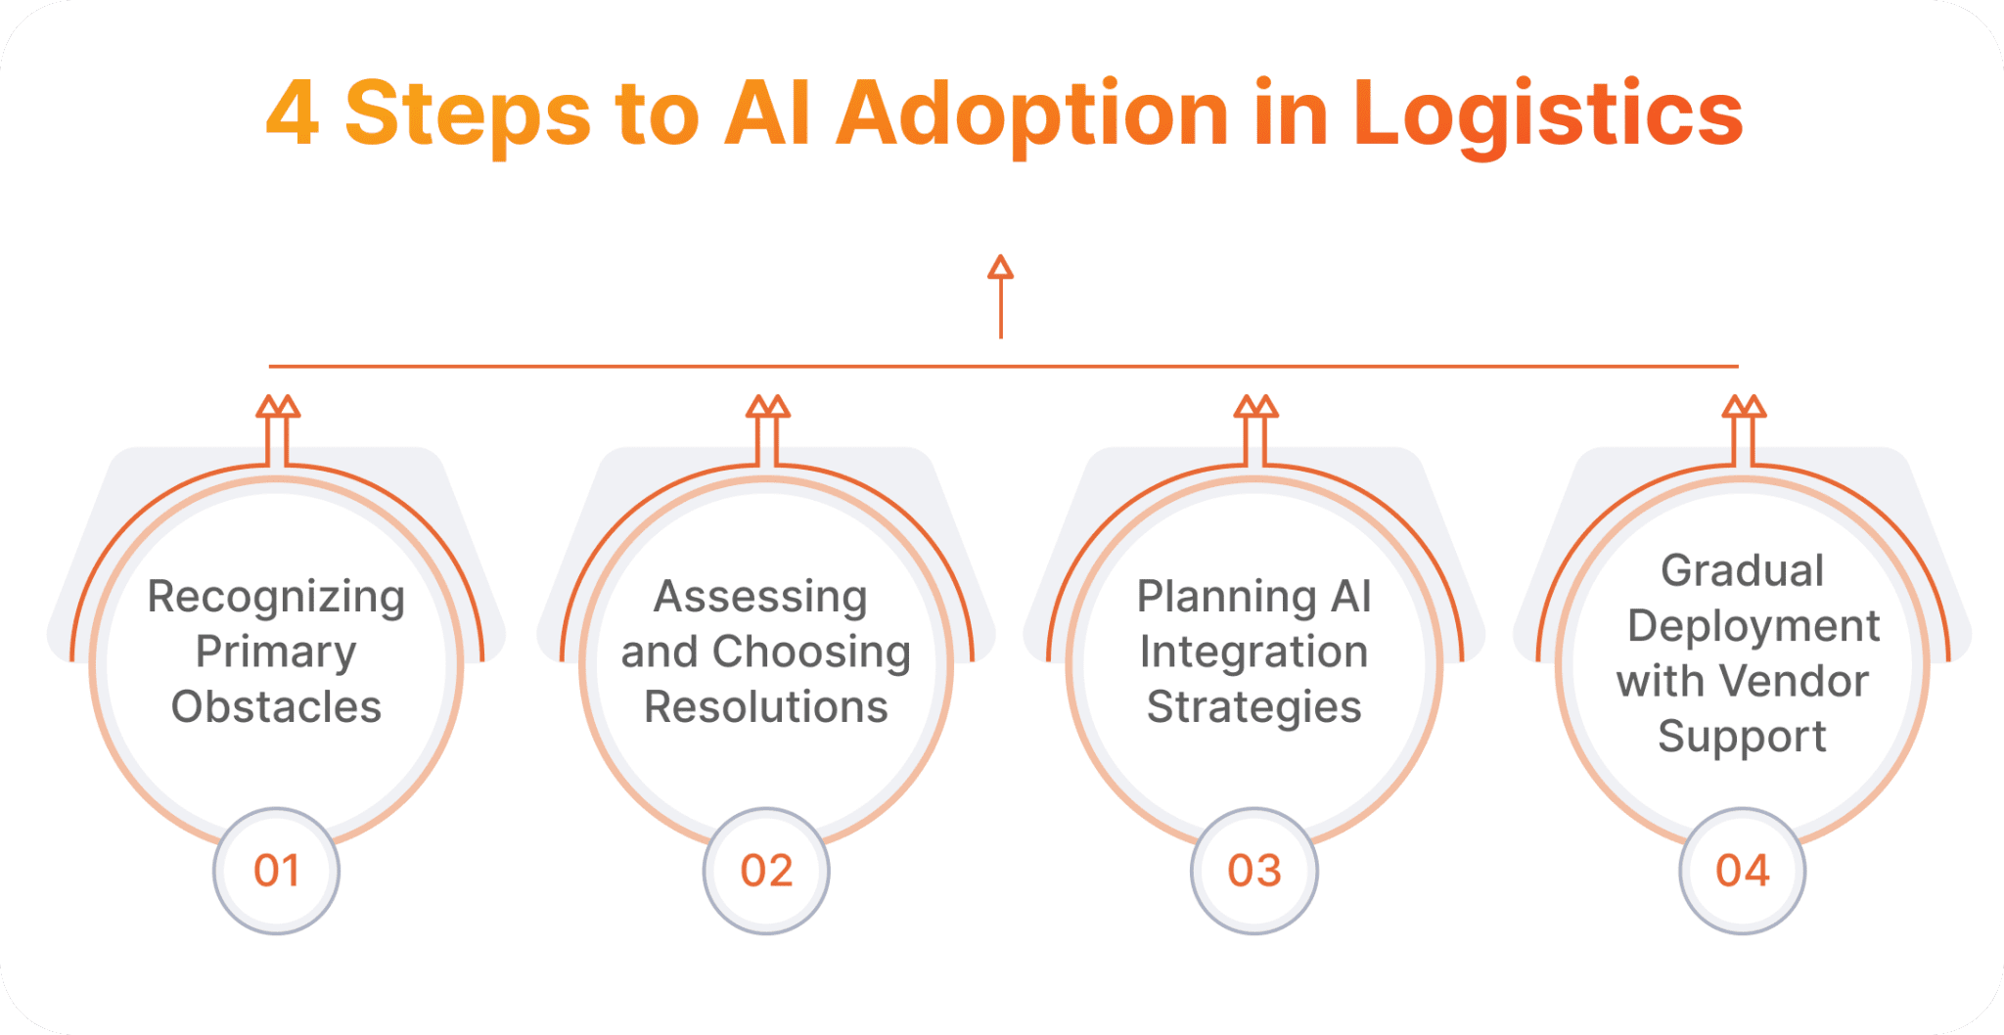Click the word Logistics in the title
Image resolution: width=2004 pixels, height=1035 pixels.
pos(1548,114)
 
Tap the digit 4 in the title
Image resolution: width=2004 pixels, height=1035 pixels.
pos(292,114)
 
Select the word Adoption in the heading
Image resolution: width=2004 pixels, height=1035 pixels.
pos(1031,114)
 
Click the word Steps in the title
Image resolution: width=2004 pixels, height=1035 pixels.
pos(468,114)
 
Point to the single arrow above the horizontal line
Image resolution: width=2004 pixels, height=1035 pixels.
pos(1000,295)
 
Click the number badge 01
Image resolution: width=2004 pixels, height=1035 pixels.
pos(277,871)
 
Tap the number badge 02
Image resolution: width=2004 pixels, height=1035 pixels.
pos(766,871)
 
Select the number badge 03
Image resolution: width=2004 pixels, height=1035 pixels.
pos(1254,871)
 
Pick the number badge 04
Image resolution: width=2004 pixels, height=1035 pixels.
pos(1743,871)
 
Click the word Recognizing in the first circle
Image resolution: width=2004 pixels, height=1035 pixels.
pos(276,598)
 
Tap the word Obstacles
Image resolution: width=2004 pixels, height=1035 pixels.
pos(276,706)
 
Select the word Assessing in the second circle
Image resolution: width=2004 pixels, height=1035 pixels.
pos(760,598)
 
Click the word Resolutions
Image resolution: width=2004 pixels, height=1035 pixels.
pos(766,706)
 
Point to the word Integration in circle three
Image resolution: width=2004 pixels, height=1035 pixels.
pos(1253,652)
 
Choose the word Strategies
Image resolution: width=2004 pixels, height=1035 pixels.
pos(1253,706)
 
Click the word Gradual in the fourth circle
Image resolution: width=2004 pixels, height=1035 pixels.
pos(1742,570)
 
